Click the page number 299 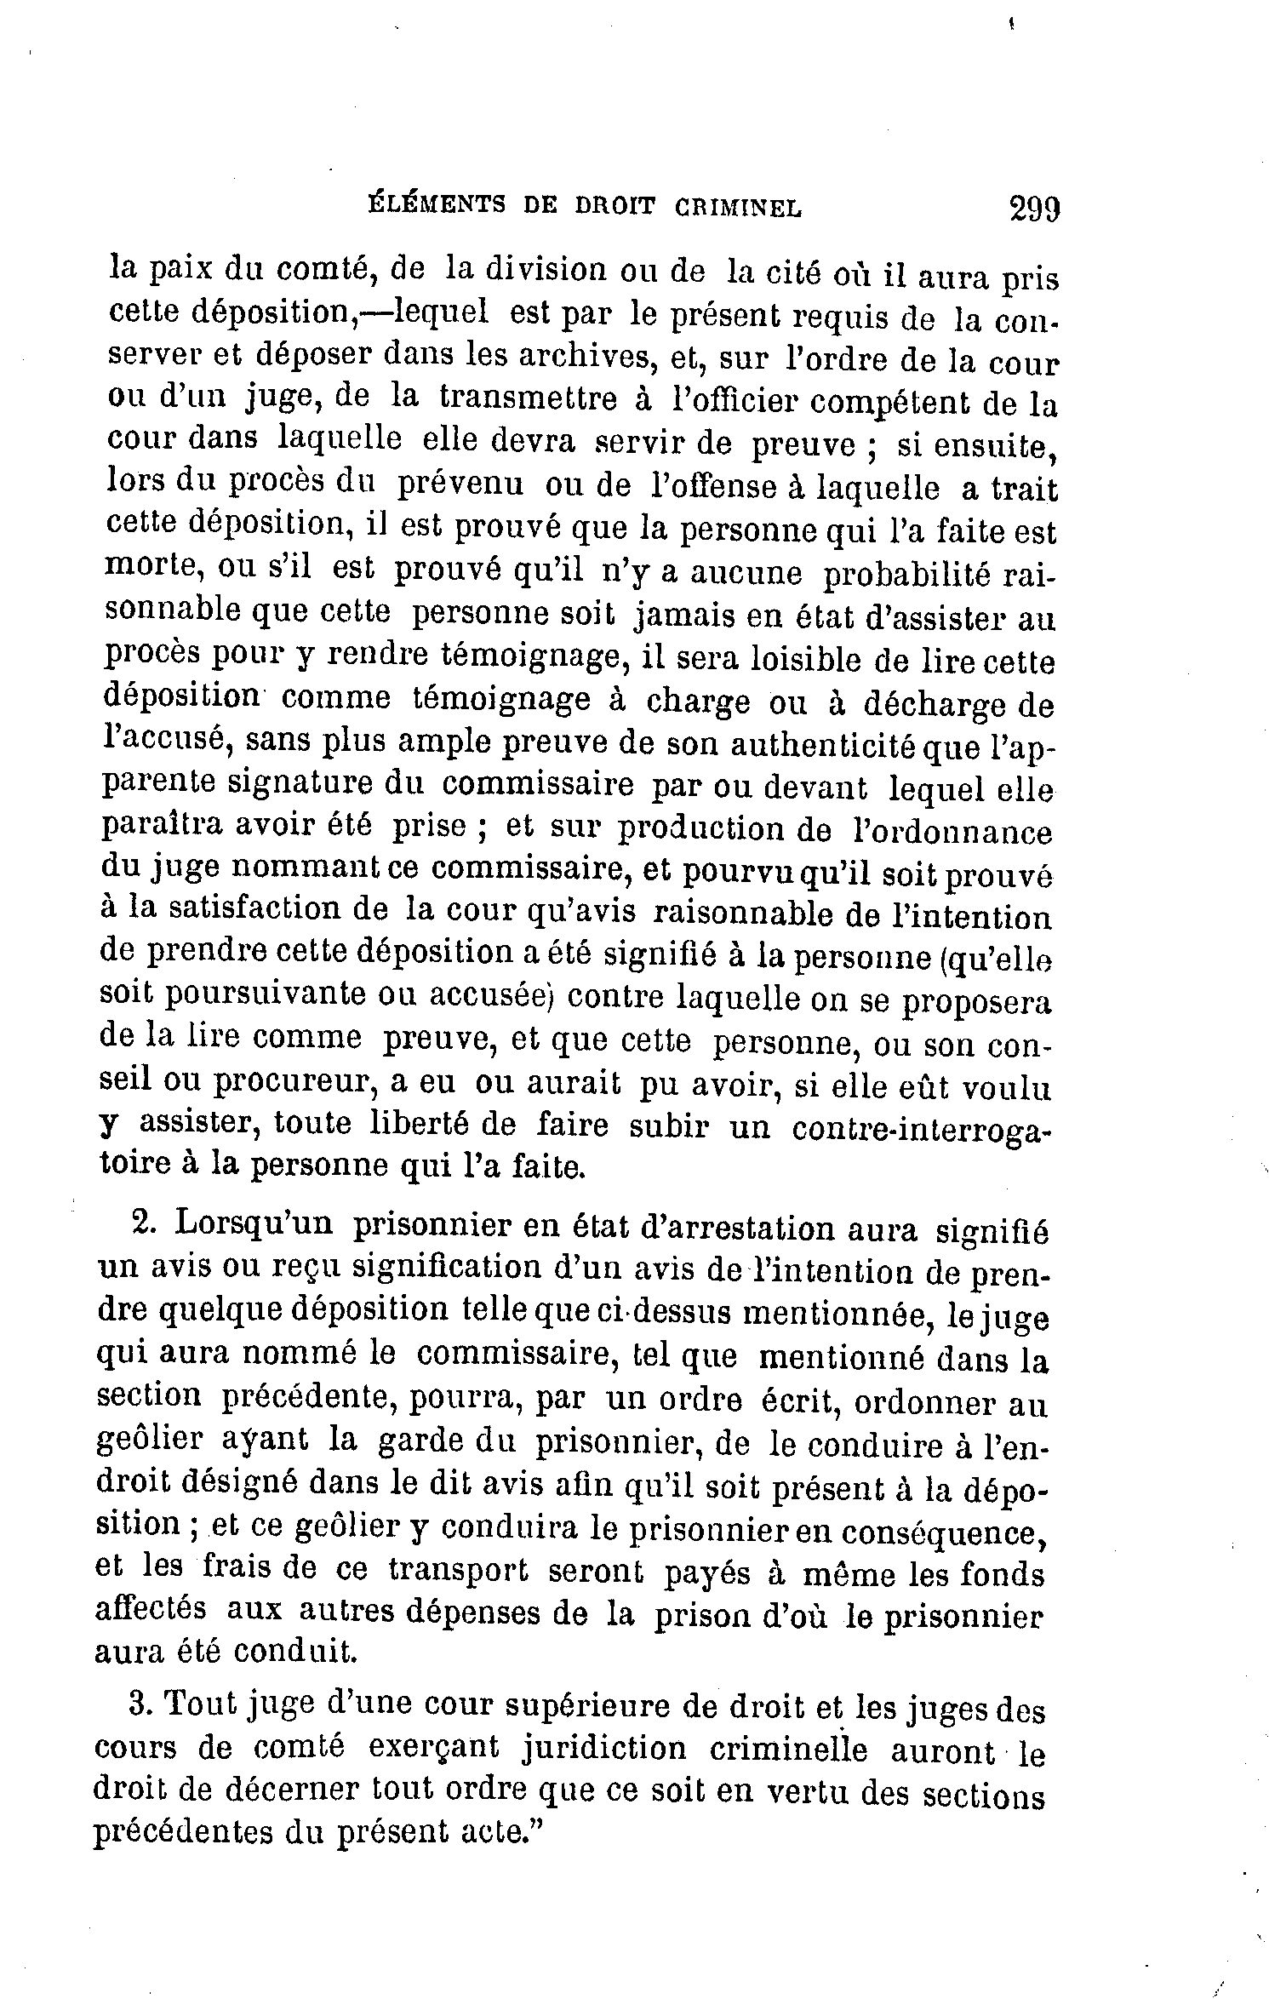[x=1033, y=208]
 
